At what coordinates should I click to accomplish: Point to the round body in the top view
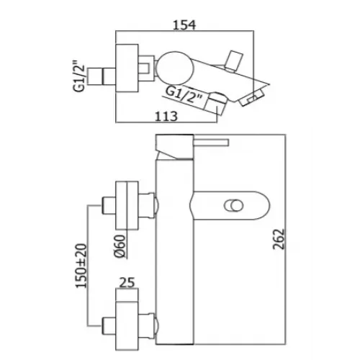click(175, 70)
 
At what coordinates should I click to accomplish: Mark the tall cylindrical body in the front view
click(176, 238)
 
